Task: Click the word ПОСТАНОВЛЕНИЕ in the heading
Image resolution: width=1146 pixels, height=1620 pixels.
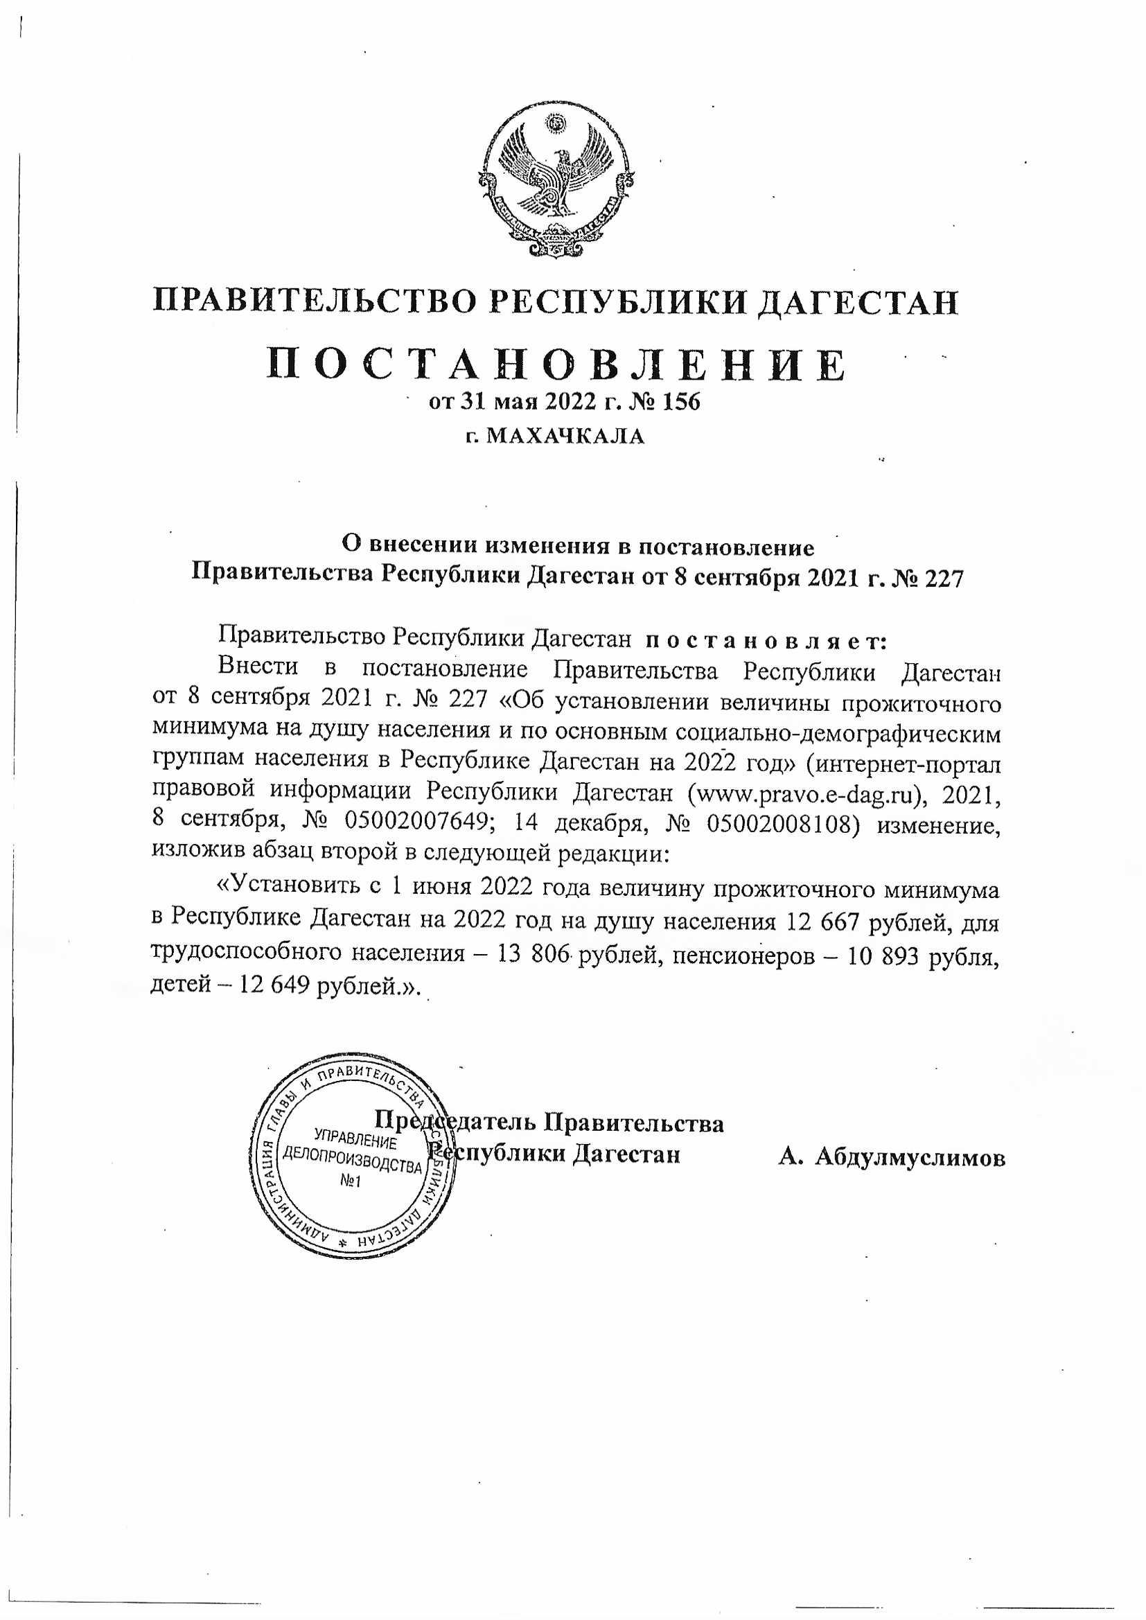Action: click(556, 364)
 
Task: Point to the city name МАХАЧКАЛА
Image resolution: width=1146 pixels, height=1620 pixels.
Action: click(566, 436)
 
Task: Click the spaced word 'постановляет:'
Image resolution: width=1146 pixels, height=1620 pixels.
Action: click(766, 641)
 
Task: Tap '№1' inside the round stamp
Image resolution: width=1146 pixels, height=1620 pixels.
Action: click(350, 1181)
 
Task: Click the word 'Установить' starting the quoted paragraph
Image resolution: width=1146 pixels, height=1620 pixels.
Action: click(288, 889)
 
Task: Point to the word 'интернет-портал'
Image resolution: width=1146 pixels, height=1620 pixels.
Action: click(909, 763)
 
